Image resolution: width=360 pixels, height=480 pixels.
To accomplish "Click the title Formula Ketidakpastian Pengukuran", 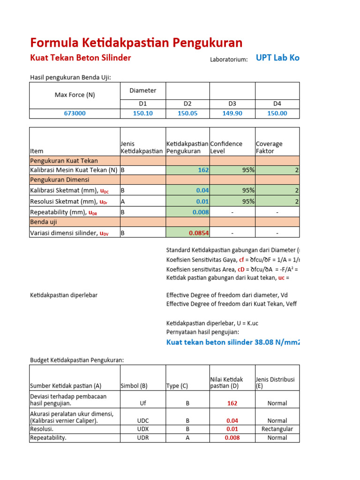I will tap(136, 43).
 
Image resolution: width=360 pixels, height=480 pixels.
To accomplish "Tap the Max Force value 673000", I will tap(75, 113).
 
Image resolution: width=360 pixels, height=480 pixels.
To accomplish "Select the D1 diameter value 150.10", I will tap(142, 113).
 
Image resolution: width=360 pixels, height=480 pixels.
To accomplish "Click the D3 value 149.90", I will tap(232, 113).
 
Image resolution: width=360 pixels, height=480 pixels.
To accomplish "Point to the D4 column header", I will tap(277, 104).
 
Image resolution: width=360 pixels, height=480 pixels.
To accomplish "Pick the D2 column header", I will tap(187, 104).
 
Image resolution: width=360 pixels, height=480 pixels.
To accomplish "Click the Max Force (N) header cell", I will tap(75, 95).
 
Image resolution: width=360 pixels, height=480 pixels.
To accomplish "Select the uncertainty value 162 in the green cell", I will tap(203, 170).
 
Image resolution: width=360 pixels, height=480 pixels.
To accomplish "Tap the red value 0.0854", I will tap(199, 232).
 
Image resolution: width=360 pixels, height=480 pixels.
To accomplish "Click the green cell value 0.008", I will tap(201, 212).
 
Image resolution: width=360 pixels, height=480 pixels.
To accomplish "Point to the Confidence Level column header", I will tap(226, 147).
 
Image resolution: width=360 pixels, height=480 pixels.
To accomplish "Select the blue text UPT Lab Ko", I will tap(277, 58).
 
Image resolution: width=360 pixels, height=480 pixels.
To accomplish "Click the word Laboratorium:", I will tap(229, 59).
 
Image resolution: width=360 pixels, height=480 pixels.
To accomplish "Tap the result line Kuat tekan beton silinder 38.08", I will tap(232, 342).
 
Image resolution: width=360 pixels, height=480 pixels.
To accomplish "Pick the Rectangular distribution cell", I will tap(277, 429).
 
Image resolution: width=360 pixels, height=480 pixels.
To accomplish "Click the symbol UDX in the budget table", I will tap(142, 429).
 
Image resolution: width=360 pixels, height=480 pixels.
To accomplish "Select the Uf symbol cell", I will tap(142, 403).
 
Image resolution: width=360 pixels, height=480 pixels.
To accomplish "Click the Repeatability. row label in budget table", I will tap(48, 438).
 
